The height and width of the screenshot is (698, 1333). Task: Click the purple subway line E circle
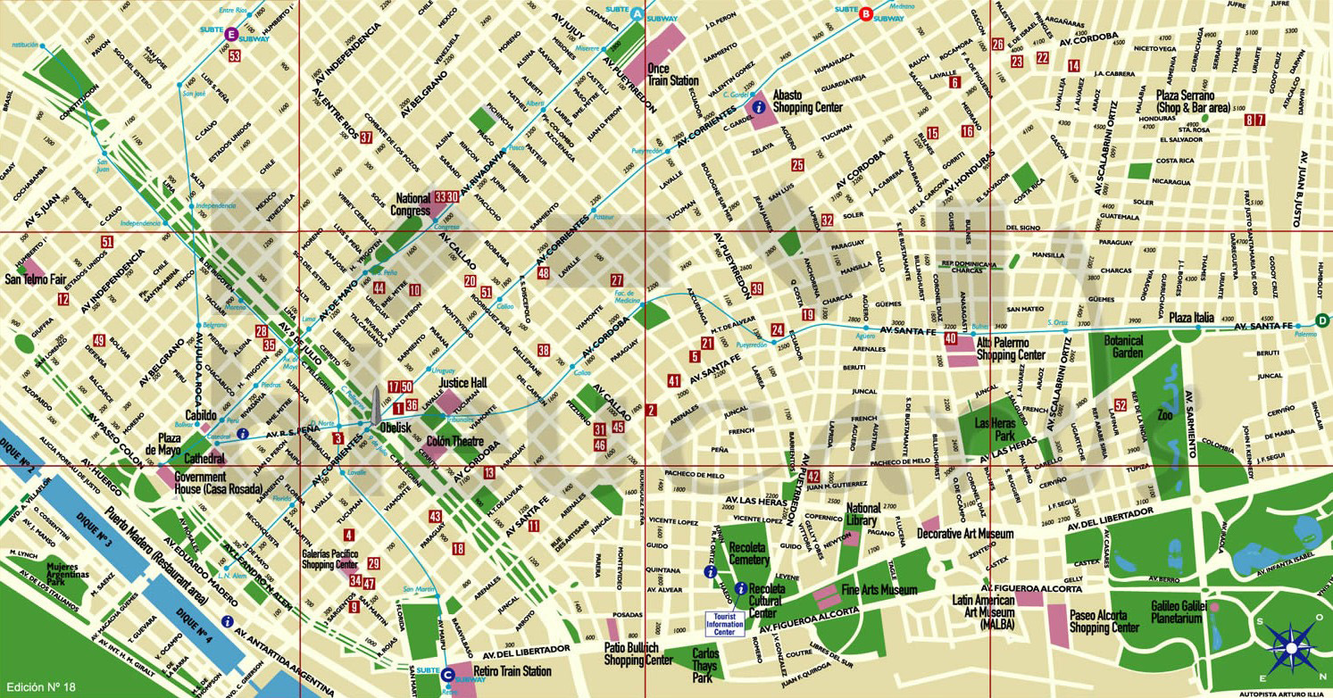[231, 34]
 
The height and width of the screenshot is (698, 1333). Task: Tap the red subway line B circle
[864, 13]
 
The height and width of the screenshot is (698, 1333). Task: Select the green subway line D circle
[1321, 321]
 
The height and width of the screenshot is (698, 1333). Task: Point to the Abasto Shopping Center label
[807, 100]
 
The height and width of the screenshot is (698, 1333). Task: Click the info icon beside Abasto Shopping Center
[759, 106]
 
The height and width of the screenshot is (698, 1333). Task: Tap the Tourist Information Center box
[724, 624]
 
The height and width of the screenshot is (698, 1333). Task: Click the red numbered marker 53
[235, 55]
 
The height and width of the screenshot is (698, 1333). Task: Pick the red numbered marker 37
[366, 137]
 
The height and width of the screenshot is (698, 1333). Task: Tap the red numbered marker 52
[1121, 405]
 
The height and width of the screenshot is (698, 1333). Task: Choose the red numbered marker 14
[1073, 66]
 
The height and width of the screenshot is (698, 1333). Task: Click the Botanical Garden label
[1123, 346]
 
